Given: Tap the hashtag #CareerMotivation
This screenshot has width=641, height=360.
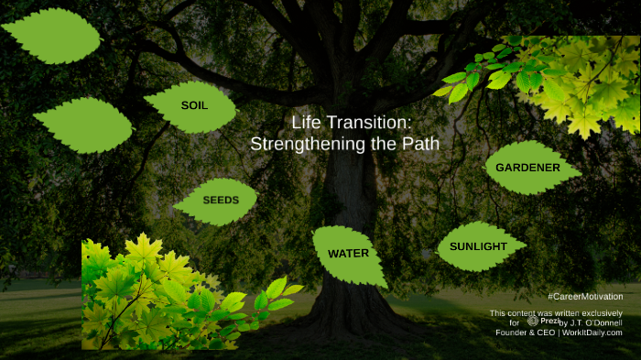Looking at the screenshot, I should click(585, 297).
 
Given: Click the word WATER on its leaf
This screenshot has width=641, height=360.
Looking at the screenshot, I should click(348, 254).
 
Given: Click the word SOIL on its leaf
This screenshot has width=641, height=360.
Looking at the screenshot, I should click(194, 105).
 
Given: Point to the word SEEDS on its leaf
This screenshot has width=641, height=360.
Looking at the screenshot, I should click(221, 200).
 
